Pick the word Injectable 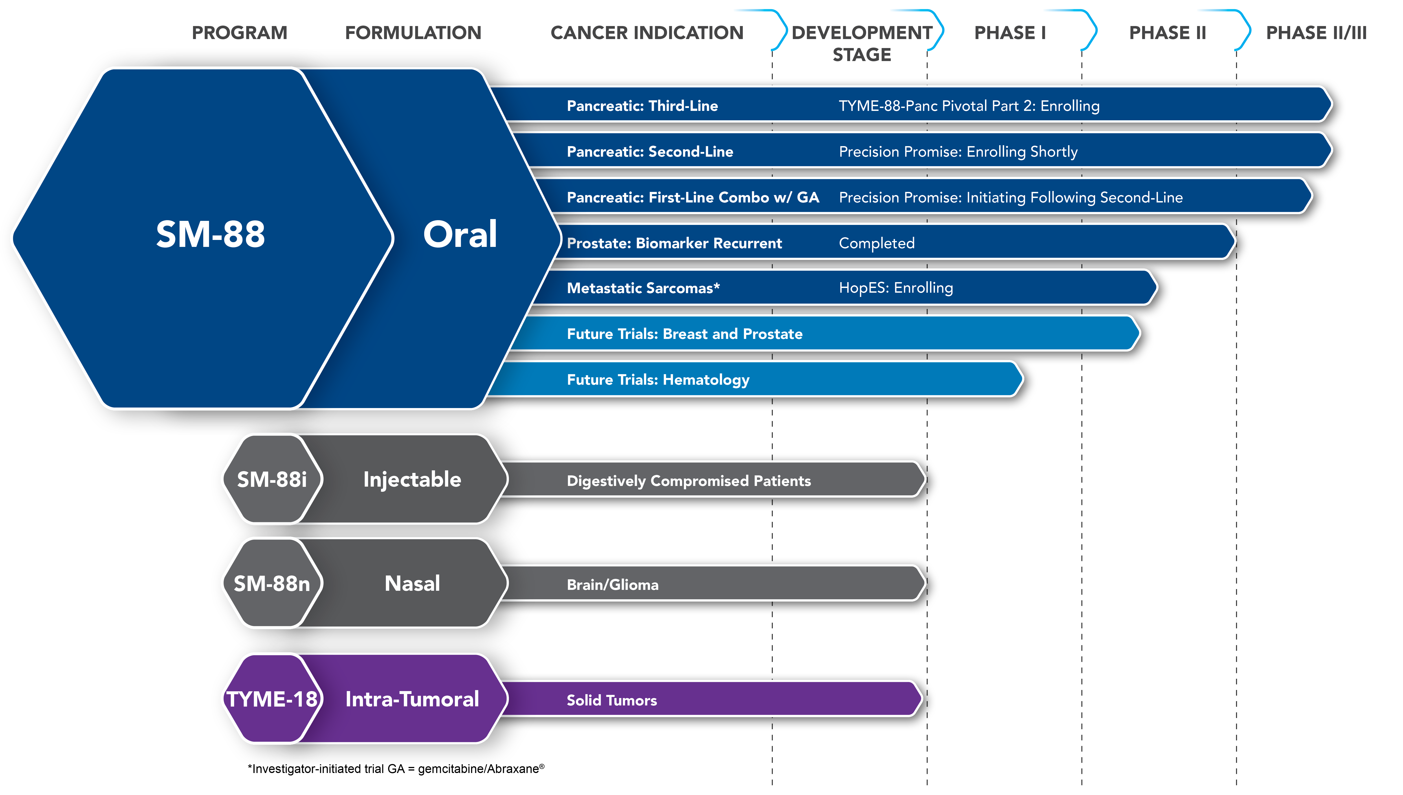pyautogui.click(x=412, y=479)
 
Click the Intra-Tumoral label pyautogui.click(x=412, y=699)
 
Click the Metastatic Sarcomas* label pyautogui.click(x=643, y=288)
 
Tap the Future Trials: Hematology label pyautogui.click(x=658, y=380)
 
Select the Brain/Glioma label pyautogui.click(x=613, y=585)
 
